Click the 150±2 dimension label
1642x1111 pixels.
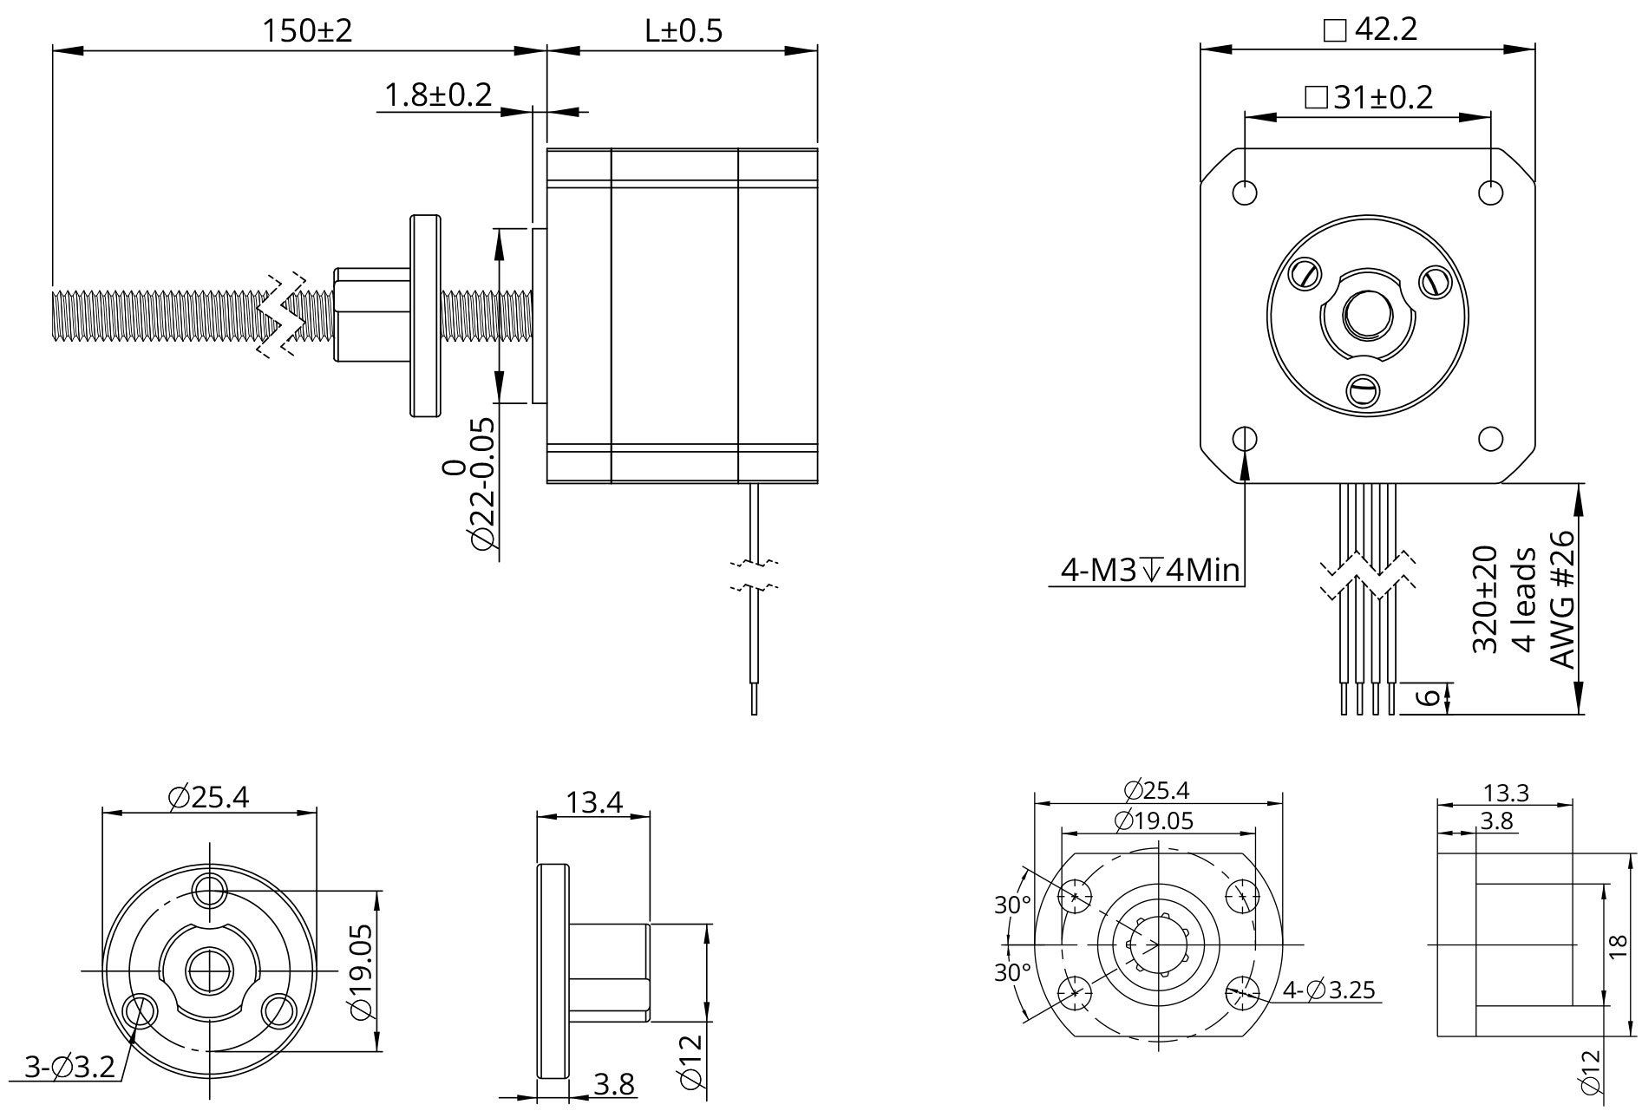click(307, 31)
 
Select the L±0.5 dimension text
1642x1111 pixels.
click(683, 31)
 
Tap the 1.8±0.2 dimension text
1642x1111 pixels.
click(437, 95)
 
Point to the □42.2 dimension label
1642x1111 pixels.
click(1370, 29)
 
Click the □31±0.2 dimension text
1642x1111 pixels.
click(1369, 97)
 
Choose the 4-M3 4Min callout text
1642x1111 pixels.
click(1150, 571)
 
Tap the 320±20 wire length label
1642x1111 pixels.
click(1485, 598)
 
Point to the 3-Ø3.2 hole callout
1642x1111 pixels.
click(69, 1067)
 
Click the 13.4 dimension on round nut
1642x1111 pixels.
click(594, 802)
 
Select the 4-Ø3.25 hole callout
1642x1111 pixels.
click(1329, 990)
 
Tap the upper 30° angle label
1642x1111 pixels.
click(1012, 905)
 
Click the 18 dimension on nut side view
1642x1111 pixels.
click(1615, 945)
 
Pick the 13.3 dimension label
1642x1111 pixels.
click(1505, 793)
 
